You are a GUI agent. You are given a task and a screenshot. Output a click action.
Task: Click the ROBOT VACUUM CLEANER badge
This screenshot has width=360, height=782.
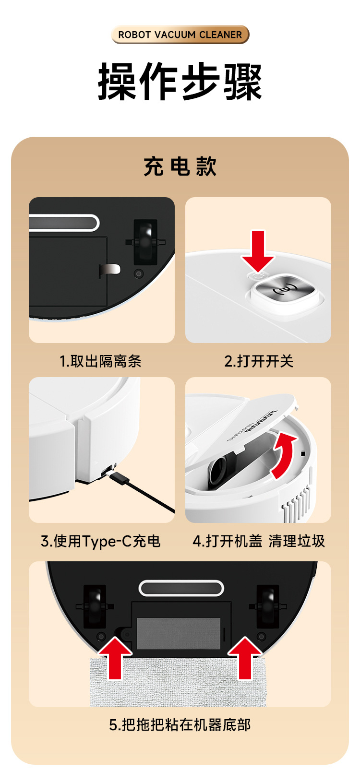click(x=180, y=35)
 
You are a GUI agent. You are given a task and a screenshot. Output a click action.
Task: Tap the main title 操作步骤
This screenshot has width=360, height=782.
click(x=180, y=82)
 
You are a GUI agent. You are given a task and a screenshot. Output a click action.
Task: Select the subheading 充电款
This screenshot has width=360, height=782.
click(x=180, y=166)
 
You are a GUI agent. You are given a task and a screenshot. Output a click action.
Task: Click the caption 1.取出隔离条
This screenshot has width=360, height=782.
click(x=101, y=361)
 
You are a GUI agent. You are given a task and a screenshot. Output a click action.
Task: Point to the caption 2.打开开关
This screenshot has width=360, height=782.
click(x=258, y=361)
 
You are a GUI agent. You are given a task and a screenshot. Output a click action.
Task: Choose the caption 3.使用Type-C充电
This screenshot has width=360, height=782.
click(x=101, y=542)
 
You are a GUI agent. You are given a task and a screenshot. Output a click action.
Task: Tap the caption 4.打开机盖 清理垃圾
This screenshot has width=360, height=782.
click(x=258, y=542)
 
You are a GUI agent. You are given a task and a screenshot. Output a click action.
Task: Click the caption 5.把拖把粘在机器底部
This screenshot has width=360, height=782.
click(x=180, y=725)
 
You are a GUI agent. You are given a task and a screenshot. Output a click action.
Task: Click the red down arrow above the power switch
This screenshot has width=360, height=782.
click(x=258, y=250)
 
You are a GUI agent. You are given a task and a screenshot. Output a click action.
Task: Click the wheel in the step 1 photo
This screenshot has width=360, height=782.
click(x=145, y=242)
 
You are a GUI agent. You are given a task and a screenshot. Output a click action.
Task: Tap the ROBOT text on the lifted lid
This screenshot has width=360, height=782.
click(x=261, y=420)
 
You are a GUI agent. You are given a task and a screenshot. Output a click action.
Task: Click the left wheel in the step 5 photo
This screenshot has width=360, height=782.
click(x=95, y=606)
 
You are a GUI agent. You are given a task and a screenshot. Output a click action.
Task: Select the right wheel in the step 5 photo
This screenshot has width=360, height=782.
click(x=268, y=606)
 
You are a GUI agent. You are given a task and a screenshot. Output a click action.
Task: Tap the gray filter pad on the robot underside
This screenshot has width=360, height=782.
click(x=179, y=634)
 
